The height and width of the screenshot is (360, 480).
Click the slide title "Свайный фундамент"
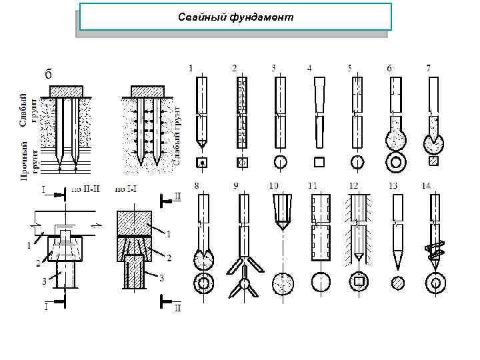pos(235,17)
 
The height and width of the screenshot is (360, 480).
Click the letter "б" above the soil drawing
pos(47,74)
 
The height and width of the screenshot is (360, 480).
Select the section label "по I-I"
pos(126,189)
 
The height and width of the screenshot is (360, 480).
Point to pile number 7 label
pos(429,67)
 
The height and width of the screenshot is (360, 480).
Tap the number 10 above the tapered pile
pos(274,185)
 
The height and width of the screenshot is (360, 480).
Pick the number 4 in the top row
pos(310,67)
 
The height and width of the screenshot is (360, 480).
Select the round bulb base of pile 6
pos(396,141)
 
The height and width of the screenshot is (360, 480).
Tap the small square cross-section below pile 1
pos(200,161)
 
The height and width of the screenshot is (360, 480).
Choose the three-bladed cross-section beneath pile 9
pos(243,283)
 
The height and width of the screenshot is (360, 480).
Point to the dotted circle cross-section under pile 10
pos(283,283)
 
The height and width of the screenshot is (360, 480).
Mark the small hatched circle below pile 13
pos(398,283)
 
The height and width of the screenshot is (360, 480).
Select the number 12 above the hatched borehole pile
pos(354,185)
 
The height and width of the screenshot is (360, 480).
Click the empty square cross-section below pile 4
pos(319,161)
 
